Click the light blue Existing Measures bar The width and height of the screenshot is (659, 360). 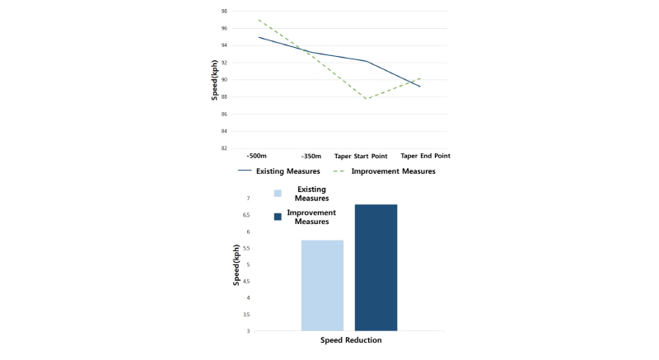322,286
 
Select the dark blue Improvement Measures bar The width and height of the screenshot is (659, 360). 376,268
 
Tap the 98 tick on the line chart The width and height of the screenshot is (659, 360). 224,12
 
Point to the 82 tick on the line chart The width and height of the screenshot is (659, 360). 224,148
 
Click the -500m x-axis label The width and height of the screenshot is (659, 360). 256,156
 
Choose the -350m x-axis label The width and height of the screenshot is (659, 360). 311,157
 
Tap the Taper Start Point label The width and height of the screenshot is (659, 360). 361,157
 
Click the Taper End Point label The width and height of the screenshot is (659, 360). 425,156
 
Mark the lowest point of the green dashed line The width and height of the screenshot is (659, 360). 367,99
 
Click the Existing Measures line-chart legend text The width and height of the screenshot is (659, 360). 287,171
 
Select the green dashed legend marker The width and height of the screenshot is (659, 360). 339,171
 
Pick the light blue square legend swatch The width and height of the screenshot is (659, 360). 278,194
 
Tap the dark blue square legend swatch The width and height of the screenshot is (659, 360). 278,217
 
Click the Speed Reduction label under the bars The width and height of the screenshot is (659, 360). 351,340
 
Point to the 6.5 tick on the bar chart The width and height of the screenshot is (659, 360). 245,215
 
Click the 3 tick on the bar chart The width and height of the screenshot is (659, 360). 249,331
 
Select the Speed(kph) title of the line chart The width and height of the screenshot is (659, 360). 214,80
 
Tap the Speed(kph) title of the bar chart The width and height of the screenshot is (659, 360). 236,265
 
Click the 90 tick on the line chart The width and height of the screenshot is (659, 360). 224,80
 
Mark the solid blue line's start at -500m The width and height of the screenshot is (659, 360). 259,37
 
